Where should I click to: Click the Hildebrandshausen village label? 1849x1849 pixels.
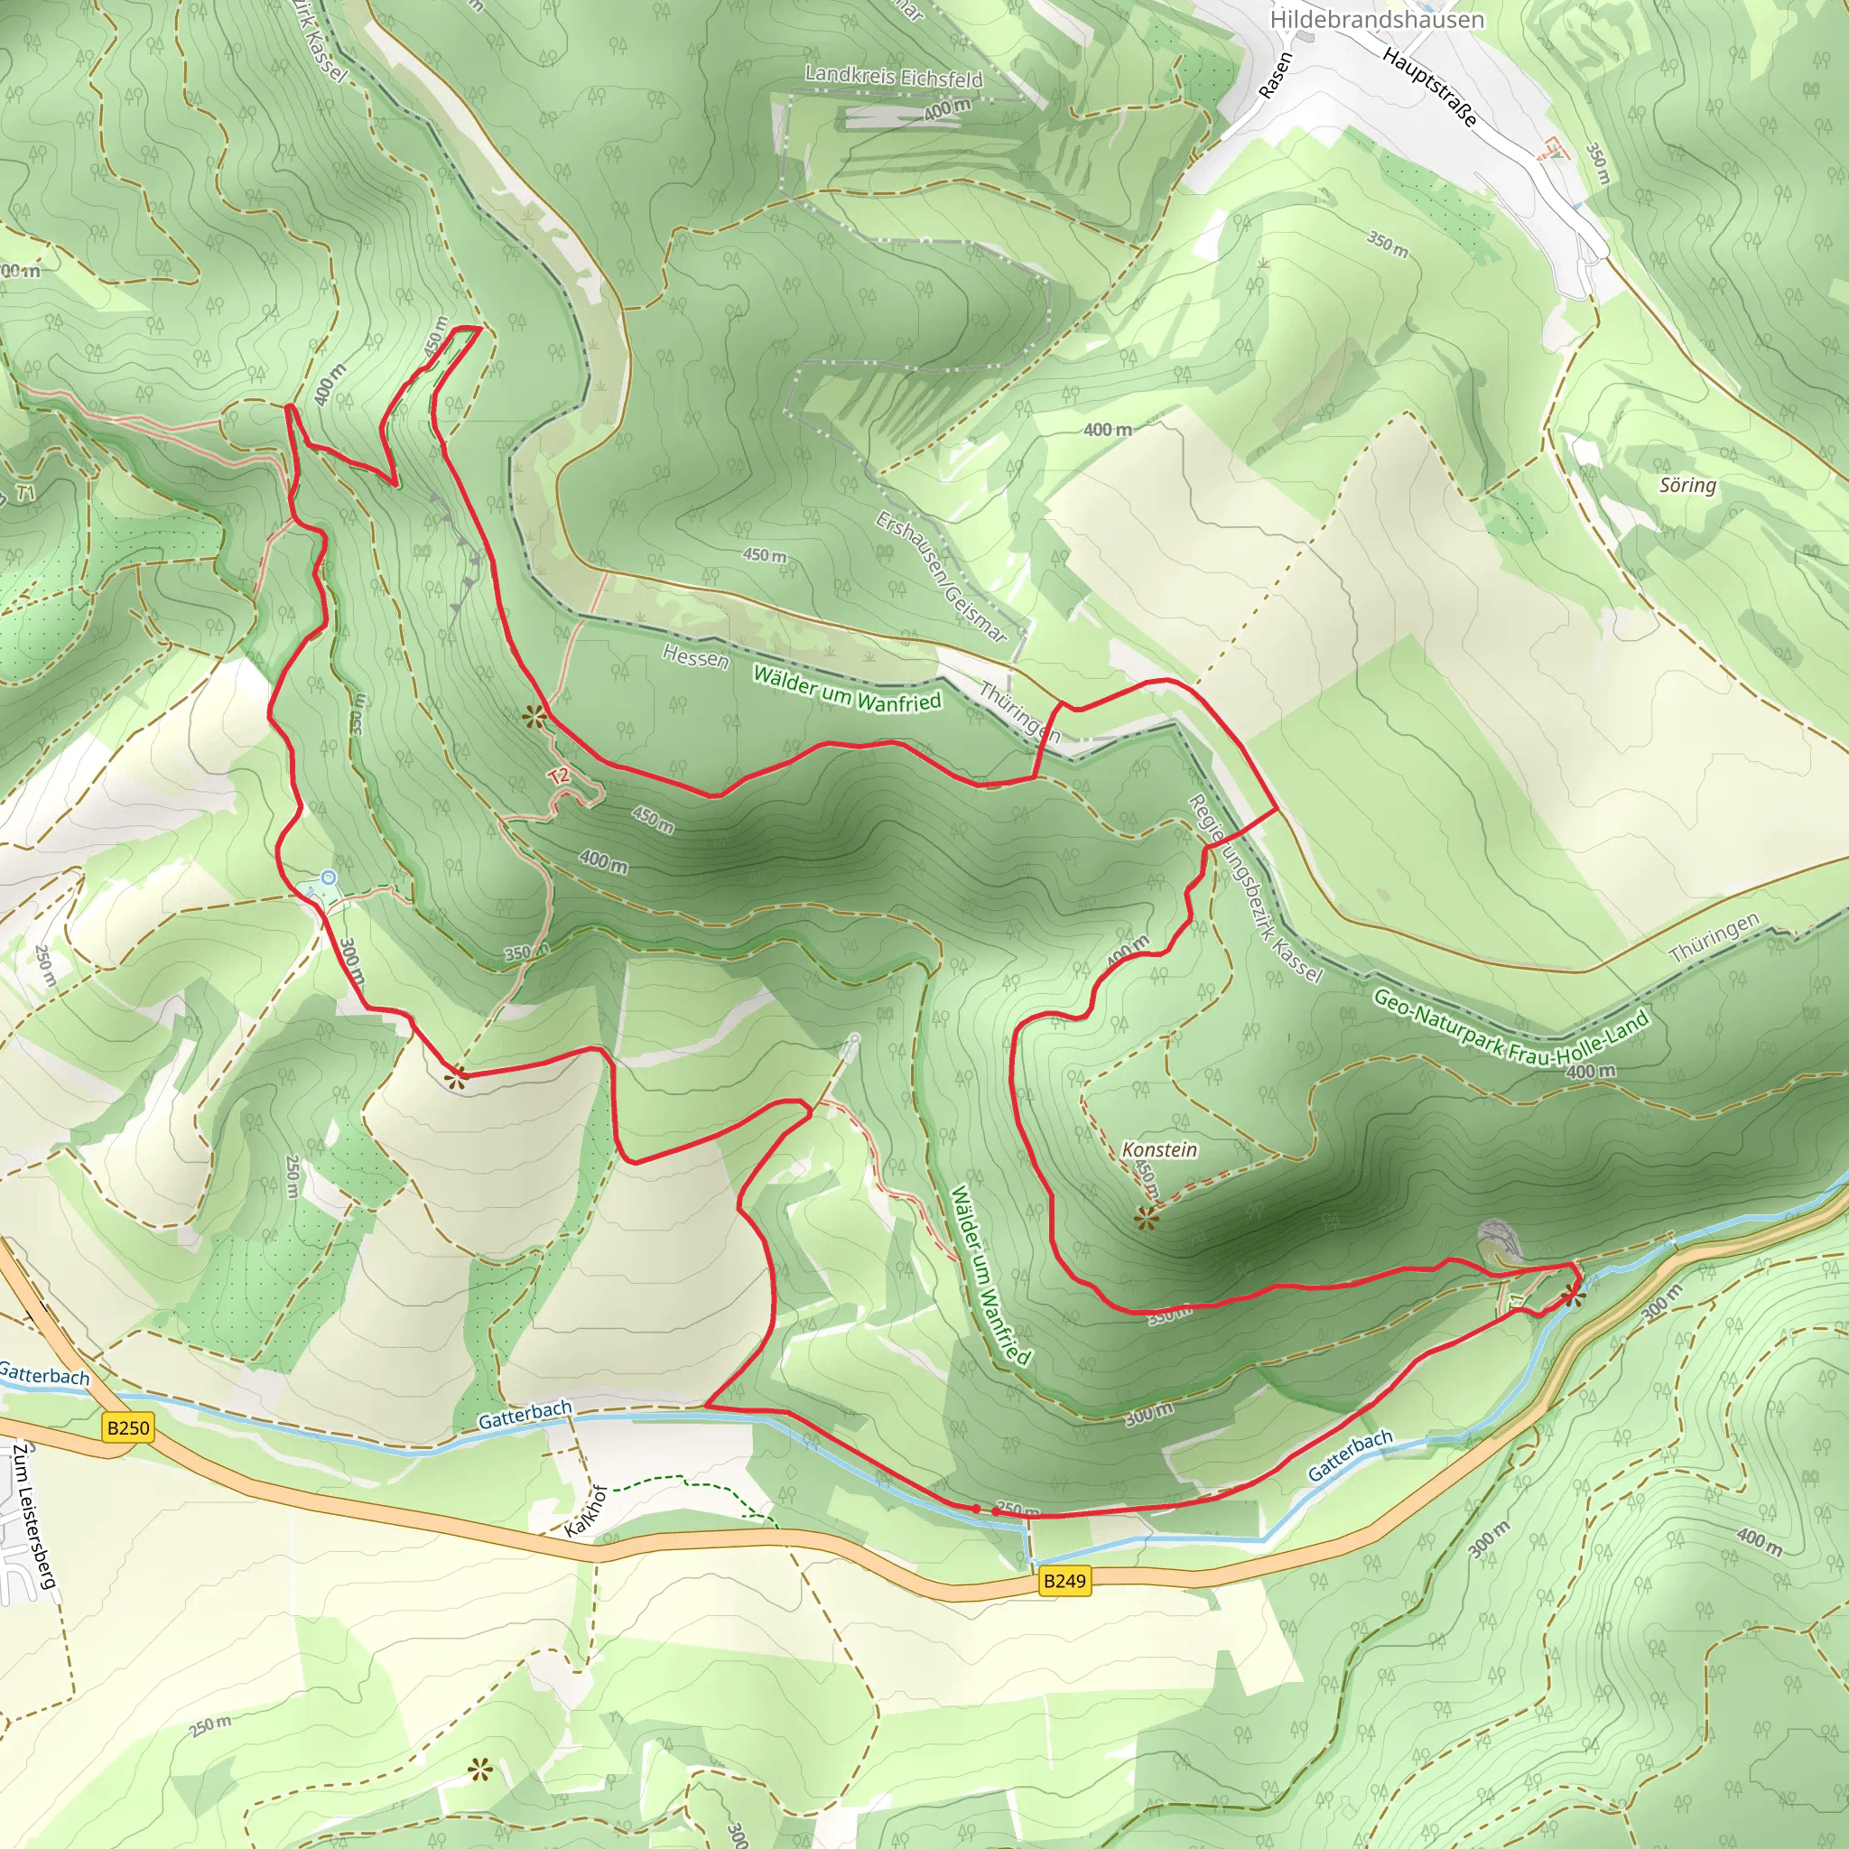click(1376, 19)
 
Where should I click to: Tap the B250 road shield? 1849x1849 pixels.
click(128, 1428)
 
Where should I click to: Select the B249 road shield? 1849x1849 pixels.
click(1064, 1580)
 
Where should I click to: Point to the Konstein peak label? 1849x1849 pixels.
click(1159, 1149)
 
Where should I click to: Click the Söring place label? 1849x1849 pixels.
click(1687, 485)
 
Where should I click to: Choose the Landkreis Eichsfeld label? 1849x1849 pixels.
click(893, 76)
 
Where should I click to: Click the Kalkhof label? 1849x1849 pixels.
click(586, 1511)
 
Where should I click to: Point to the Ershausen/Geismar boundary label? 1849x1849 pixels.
click(941, 576)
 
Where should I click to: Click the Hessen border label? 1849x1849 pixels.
click(695, 656)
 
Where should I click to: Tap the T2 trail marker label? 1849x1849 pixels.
click(559, 776)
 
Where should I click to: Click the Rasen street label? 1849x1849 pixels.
click(1276, 76)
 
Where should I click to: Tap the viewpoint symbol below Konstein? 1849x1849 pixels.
click(1147, 1219)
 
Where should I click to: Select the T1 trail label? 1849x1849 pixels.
click(24, 493)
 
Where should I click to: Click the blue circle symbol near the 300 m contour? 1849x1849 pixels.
click(329, 877)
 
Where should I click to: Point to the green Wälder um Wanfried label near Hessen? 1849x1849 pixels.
click(847, 689)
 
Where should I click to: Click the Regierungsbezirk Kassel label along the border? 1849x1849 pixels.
click(1255, 889)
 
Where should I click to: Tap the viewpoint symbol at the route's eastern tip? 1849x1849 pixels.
click(1573, 1297)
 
